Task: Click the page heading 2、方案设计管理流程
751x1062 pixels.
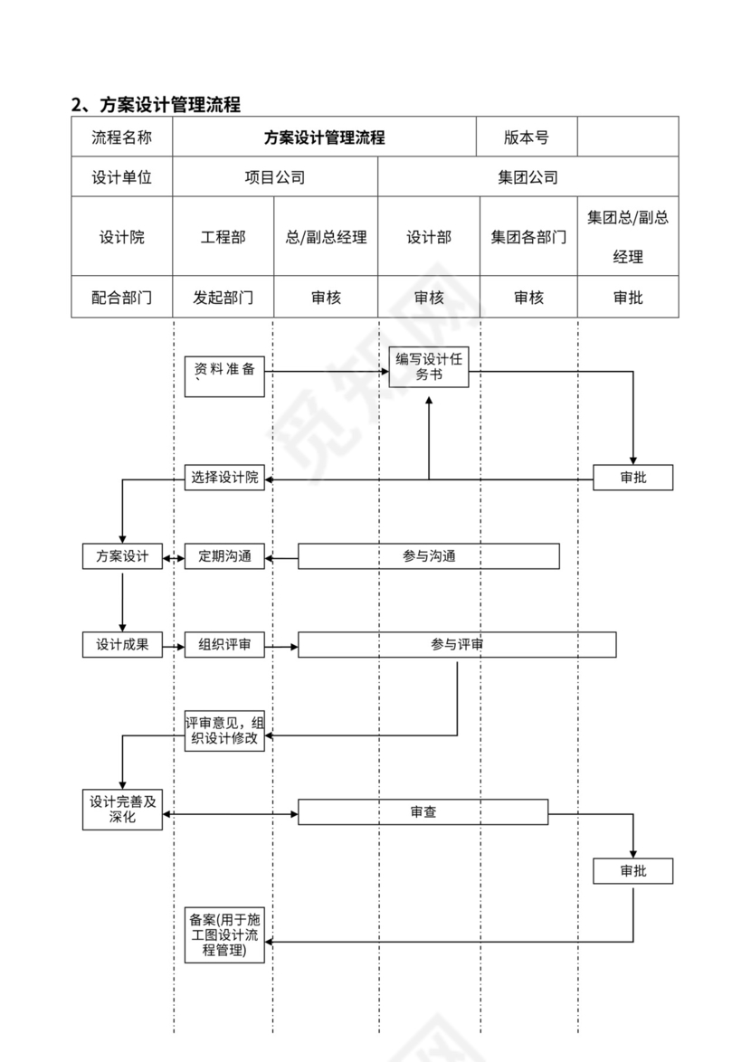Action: point(157,104)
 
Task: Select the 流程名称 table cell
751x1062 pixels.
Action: point(121,137)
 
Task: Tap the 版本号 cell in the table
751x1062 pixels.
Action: point(527,137)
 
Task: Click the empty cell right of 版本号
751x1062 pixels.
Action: point(627,137)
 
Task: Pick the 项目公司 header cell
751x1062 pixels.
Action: point(275,177)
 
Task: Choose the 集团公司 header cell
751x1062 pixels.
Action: point(528,177)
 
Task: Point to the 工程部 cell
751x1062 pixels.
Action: point(223,237)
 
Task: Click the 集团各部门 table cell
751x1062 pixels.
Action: point(528,237)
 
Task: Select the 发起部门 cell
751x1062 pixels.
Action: point(223,297)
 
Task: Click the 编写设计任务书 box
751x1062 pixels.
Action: point(429,367)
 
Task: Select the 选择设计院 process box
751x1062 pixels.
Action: point(224,478)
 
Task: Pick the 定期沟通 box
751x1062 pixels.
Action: point(224,556)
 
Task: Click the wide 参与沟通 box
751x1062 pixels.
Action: point(429,556)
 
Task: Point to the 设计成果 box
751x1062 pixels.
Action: point(122,645)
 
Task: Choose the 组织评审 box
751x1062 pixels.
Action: point(224,645)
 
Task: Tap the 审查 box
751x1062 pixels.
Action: point(423,812)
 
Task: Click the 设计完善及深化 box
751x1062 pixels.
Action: point(122,809)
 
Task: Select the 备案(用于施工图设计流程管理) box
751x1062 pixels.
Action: point(224,935)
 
